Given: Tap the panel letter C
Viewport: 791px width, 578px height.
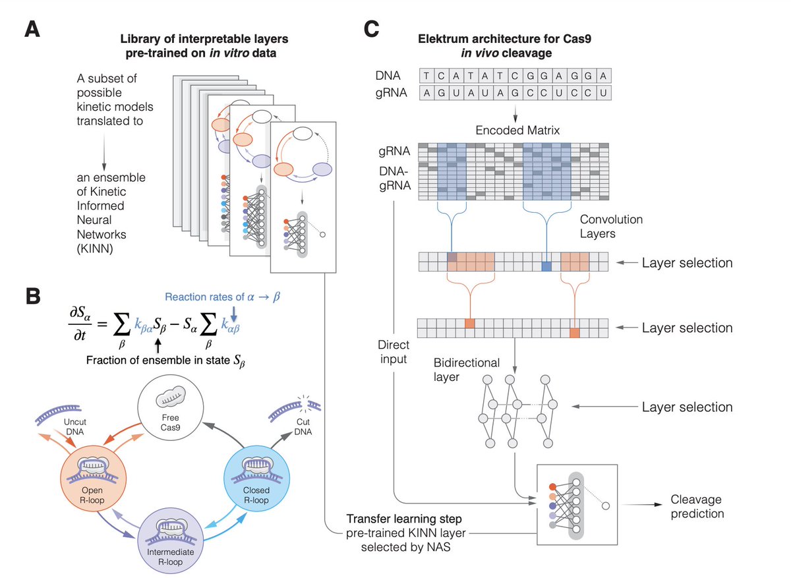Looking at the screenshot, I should coord(372,30).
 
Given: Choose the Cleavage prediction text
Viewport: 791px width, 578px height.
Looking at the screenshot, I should coord(697,507).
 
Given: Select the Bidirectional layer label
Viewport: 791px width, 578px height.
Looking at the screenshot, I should coord(466,370).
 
